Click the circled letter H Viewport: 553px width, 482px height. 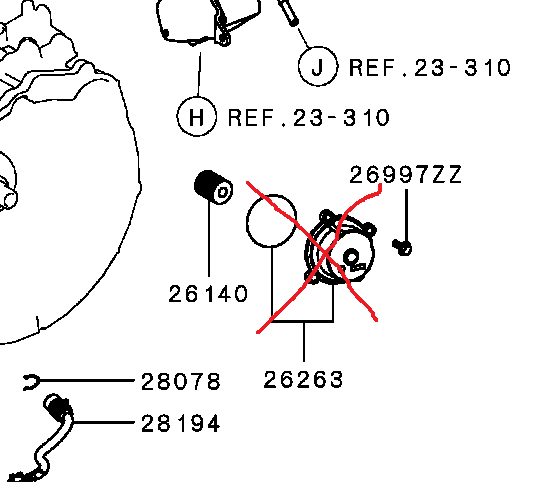197,117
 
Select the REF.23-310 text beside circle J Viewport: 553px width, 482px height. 430,68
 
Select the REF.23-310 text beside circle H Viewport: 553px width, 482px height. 308,118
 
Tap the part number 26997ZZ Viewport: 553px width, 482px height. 405,175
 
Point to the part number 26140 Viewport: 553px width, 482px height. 207,294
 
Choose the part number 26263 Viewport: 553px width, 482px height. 304,380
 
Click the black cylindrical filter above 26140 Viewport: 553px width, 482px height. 211,188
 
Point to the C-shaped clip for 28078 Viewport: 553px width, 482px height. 31,381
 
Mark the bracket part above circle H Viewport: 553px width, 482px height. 195,25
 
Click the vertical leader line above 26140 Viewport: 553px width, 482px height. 208,240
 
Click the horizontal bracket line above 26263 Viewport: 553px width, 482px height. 303,322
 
